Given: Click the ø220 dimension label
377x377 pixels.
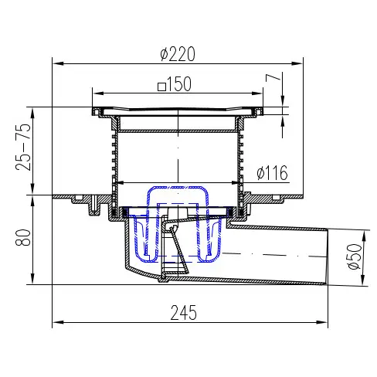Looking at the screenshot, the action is (178, 54).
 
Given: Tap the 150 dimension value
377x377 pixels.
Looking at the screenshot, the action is (179, 83).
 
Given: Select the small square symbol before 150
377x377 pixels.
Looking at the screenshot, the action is (161, 87).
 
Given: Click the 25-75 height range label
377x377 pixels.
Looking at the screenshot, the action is (23, 147).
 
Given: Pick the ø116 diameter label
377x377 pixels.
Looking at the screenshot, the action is (272, 173).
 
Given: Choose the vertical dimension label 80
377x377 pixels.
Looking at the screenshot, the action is (23, 237).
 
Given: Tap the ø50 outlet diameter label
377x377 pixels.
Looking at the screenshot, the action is (355, 256).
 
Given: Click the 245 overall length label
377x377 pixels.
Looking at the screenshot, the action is (184, 313).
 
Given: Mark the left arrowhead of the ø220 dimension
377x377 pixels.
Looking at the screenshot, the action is (58, 63).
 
